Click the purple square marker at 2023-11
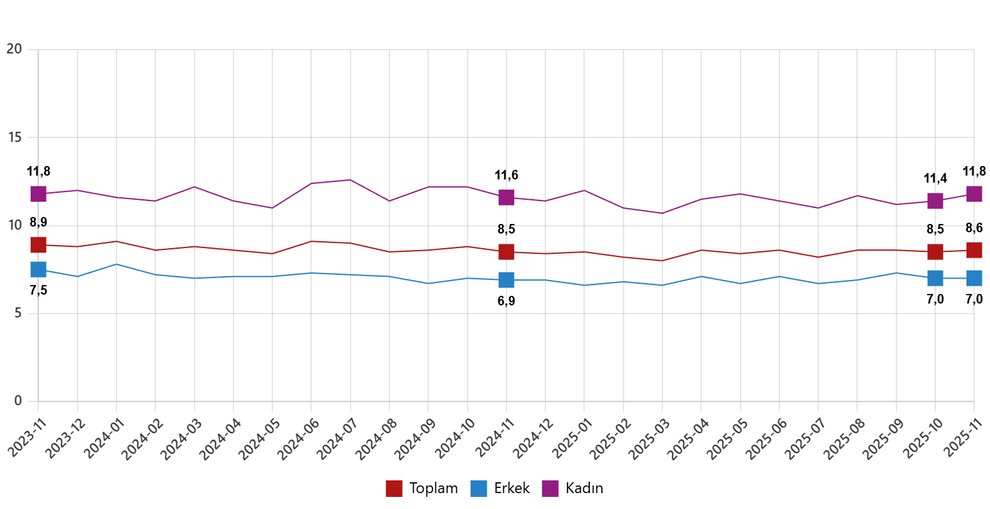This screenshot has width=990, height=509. coord(38,193)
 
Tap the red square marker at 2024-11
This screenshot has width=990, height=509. coord(506,252)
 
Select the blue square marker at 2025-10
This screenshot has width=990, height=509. coord(935,278)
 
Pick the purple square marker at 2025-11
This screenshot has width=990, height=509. coord(974,193)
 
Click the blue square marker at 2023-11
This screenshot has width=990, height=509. coord(38,269)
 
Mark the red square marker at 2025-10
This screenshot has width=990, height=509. coord(935,252)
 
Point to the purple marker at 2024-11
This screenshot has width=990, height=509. coord(506,197)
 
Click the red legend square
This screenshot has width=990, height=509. coord(394,489)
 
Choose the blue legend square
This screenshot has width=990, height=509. coord(478,489)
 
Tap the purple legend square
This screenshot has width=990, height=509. coord(550,489)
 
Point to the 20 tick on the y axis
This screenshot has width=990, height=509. coord(14,49)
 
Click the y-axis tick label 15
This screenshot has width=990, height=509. coord(14,137)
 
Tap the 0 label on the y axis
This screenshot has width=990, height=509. coord(18,401)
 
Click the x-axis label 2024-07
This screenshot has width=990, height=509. coord(337,440)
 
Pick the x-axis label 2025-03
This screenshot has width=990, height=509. coord(648,440)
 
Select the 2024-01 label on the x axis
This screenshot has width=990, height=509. coord(103,440)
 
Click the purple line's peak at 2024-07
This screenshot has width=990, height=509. coord(350,179)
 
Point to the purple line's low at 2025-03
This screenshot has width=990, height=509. coord(662,213)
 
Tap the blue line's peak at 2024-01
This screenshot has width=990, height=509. coord(116,264)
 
